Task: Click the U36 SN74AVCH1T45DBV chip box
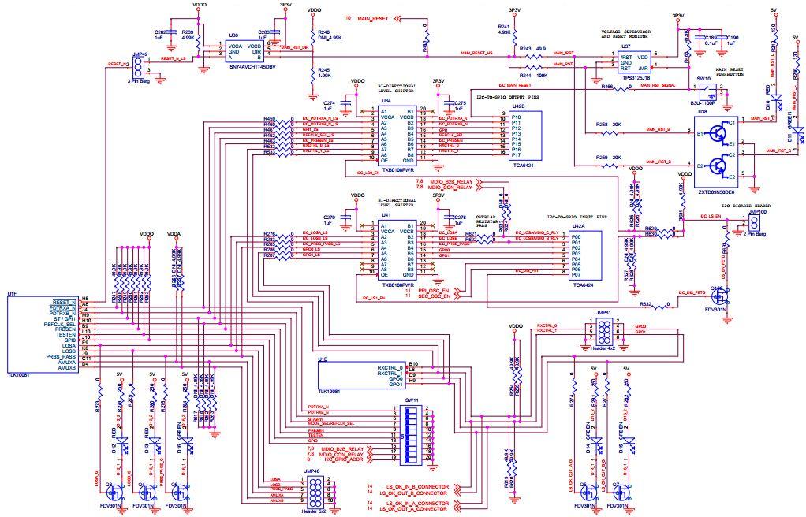pyautogui.click(x=244, y=51)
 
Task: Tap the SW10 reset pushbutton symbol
pyautogui.click(x=704, y=91)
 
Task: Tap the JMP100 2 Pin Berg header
pyautogui.click(x=741, y=223)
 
